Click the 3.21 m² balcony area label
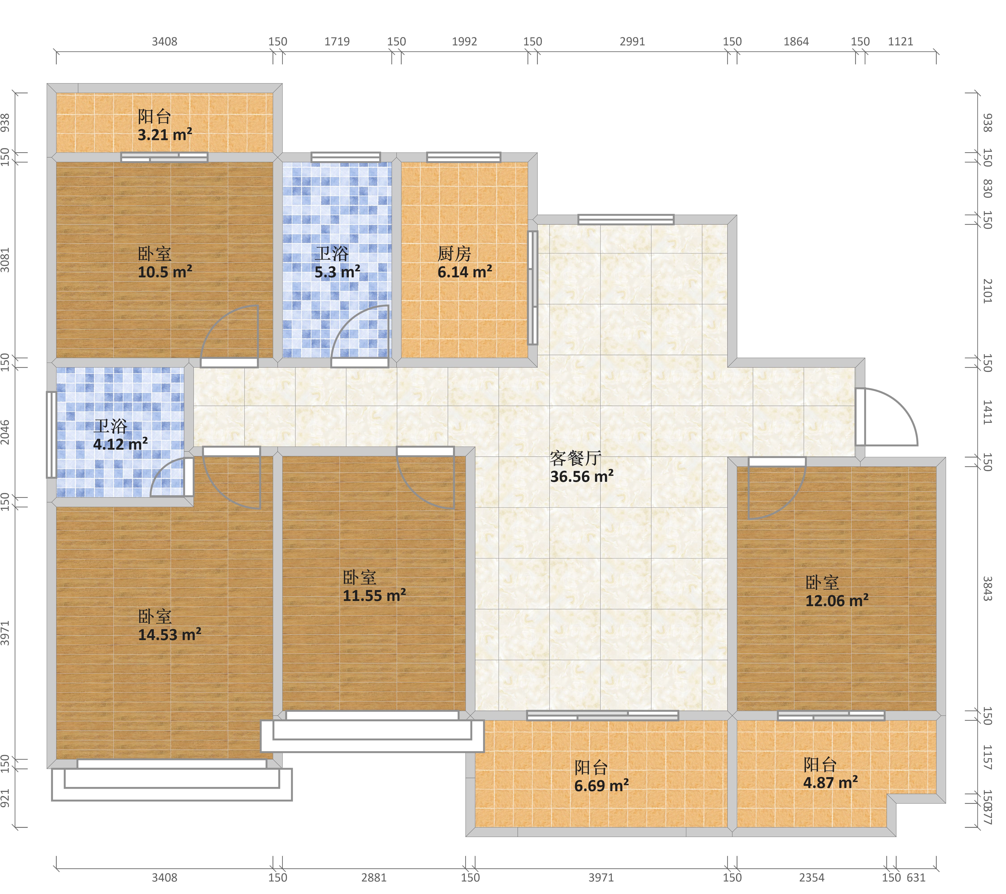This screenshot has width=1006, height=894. point(165,135)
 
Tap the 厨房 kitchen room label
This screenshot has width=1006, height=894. point(454,254)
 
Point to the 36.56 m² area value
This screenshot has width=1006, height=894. point(582,477)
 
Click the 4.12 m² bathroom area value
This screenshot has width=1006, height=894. point(120,444)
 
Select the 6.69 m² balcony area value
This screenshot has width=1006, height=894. point(601,786)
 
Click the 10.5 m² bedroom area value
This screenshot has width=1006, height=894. point(165,272)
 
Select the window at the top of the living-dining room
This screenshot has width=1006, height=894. point(626,219)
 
